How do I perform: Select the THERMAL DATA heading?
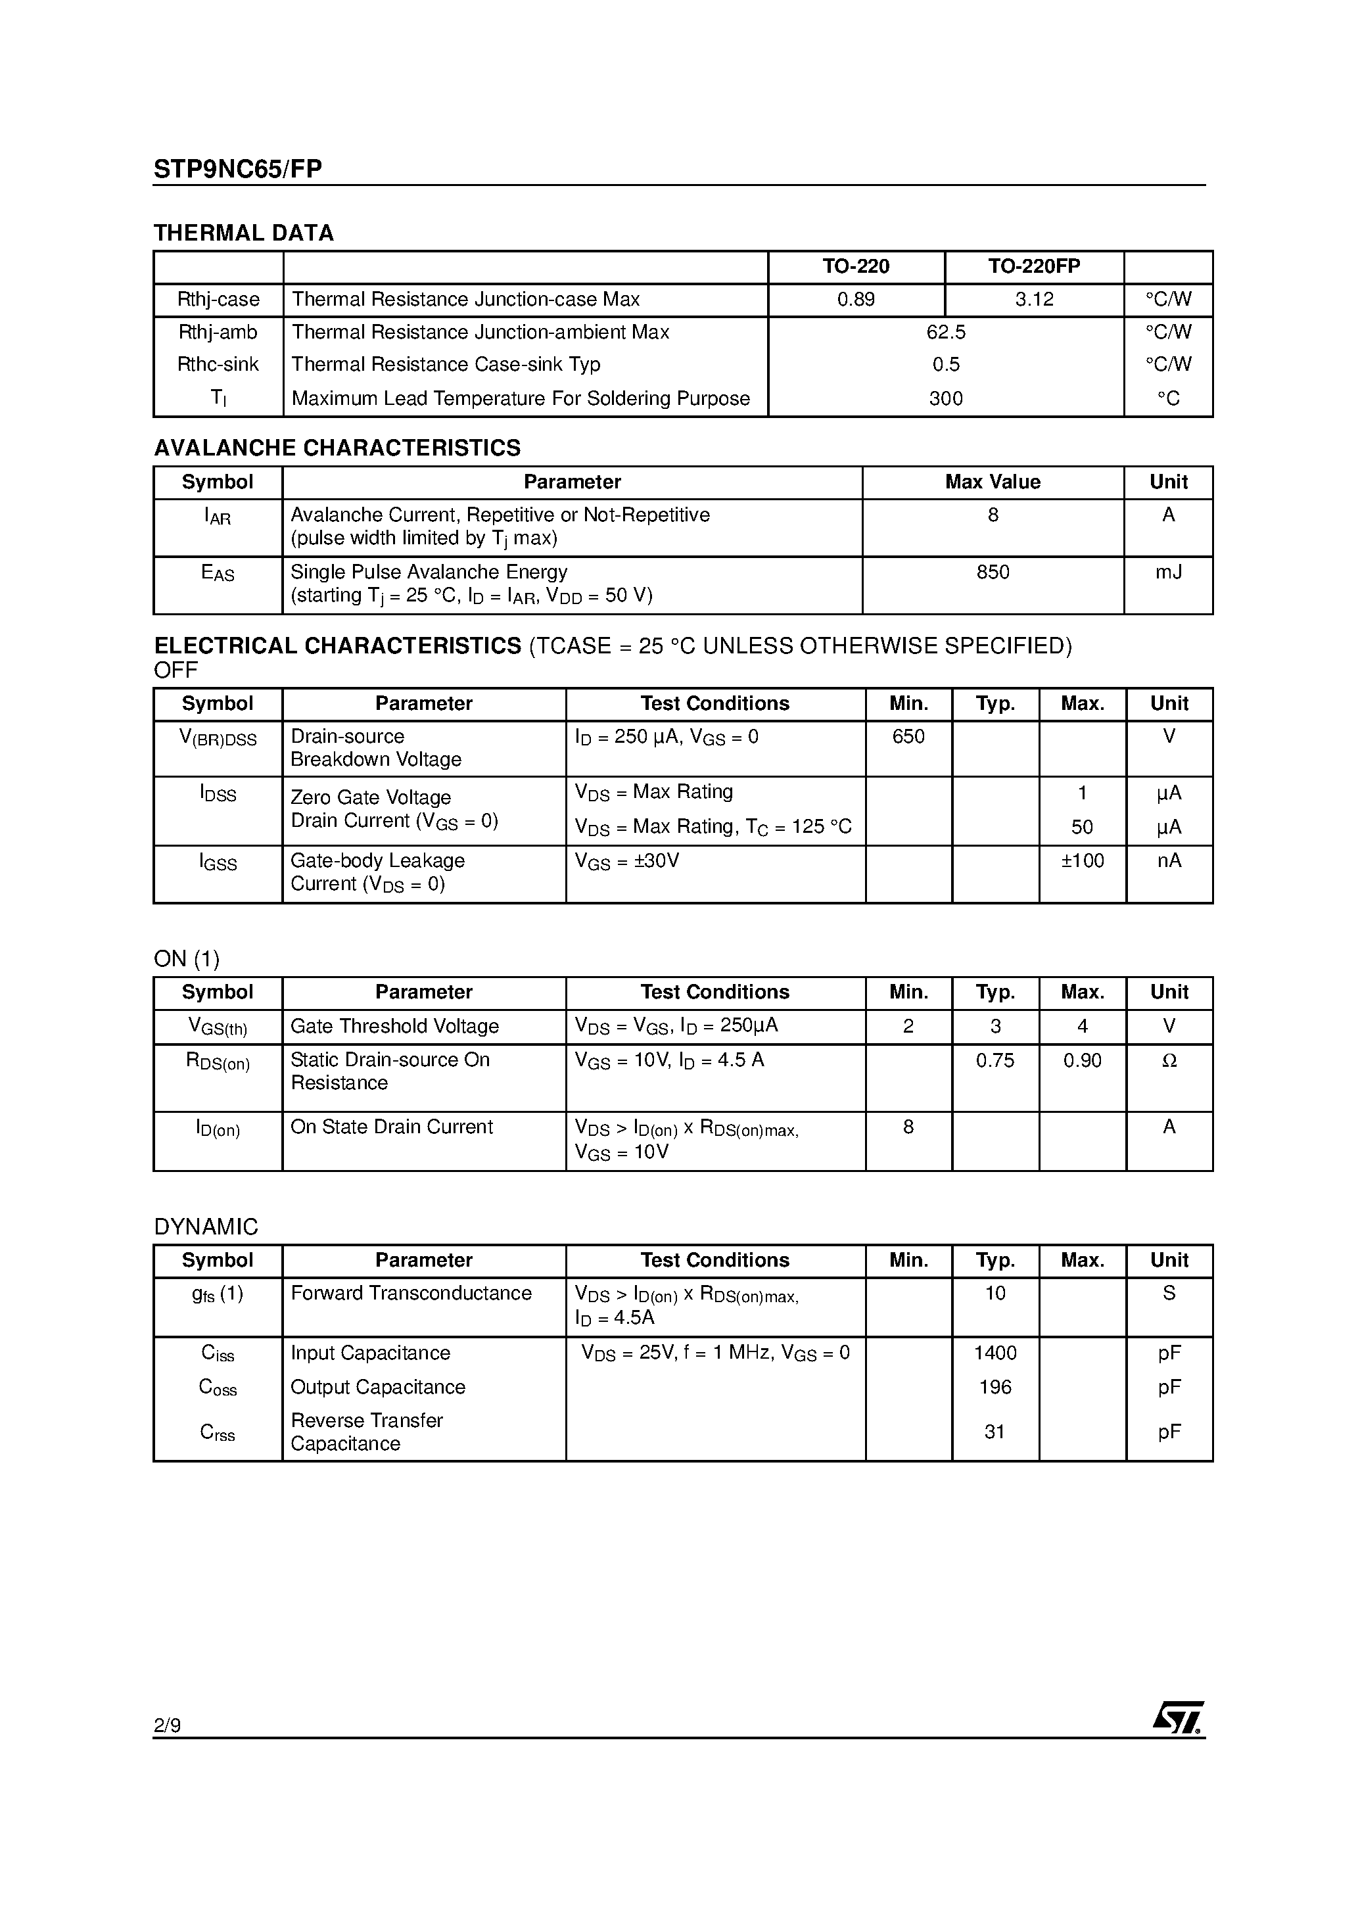coord(244,233)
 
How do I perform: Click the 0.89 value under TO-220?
coord(856,300)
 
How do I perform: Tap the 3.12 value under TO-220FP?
coord(1034,300)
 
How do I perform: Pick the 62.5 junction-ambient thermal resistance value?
coord(945,333)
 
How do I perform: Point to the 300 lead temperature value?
coord(945,398)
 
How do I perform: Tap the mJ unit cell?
coord(1168,573)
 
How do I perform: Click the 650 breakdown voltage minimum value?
coord(908,737)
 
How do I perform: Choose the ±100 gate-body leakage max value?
coord(1082,860)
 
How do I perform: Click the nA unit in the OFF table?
coord(1169,860)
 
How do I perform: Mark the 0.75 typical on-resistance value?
coord(995,1061)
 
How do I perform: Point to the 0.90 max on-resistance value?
coord(1082,1061)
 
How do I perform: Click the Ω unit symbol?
coord(1169,1061)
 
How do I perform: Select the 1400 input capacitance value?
coord(995,1353)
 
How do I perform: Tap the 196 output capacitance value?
coord(995,1387)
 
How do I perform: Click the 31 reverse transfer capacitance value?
coord(995,1432)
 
